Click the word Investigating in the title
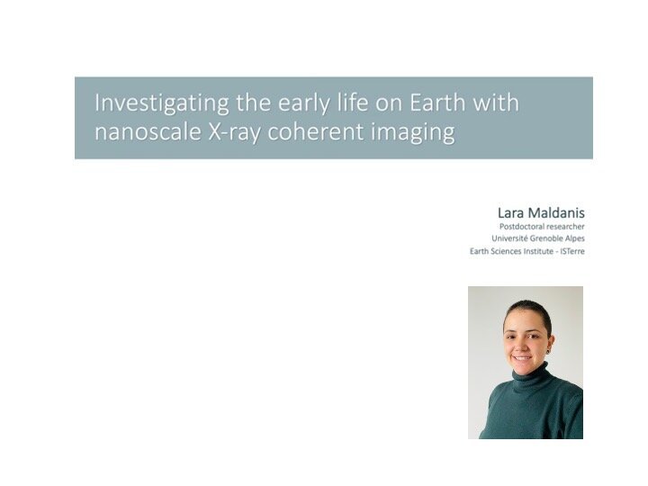(x=162, y=103)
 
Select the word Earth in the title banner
(x=437, y=103)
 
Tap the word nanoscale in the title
(x=148, y=131)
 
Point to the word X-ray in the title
(x=234, y=132)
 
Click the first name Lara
(x=511, y=212)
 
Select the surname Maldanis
(x=556, y=212)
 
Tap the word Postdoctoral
(x=519, y=227)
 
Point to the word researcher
(x=563, y=227)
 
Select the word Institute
(x=536, y=251)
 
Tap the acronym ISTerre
(x=572, y=251)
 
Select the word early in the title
(x=304, y=103)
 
